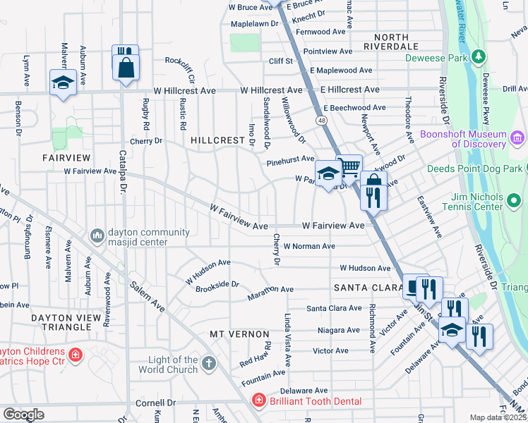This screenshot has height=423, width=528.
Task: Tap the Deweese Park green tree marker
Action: click(479, 56)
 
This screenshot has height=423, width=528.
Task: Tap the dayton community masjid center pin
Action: click(97, 233)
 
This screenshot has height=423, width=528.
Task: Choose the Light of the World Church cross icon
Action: click(208, 364)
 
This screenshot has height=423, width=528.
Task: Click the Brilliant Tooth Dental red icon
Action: click(259, 400)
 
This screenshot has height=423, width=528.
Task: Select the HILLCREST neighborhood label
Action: click(217, 140)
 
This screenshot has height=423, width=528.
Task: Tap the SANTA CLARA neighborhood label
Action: click(363, 288)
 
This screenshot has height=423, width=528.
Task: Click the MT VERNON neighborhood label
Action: click(239, 333)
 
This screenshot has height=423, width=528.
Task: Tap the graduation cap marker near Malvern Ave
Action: click(63, 82)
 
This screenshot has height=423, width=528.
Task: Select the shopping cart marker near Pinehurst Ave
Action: click(349, 167)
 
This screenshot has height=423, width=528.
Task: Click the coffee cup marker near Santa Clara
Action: click(414, 287)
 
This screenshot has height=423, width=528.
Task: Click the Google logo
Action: click(24, 414)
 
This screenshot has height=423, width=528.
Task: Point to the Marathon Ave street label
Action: click(270, 289)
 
